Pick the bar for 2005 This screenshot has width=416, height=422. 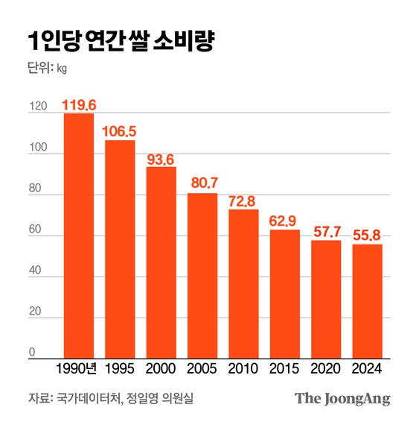click(202, 276)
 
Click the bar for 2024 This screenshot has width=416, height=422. click(367, 302)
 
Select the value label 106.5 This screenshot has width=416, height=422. click(120, 131)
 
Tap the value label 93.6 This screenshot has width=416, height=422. click(161, 158)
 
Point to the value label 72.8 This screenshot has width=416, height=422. click(243, 201)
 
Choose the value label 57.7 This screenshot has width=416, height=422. click(326, 231)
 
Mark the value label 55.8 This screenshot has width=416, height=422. click(367, 236)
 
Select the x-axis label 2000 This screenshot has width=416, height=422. click(161, 369)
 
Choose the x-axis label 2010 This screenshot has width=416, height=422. click(243, 369)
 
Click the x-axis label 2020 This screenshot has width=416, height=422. click(326, 369)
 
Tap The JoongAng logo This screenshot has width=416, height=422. click(342, 398)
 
